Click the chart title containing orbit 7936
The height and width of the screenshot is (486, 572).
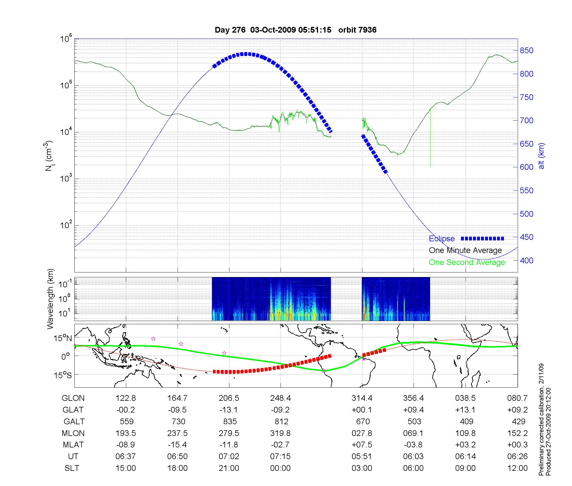click(295, 30)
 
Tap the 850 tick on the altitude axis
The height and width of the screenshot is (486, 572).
click(526, 51)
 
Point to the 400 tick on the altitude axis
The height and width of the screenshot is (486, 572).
click(526, 260)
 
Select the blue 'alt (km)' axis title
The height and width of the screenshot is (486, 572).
click(541, 156)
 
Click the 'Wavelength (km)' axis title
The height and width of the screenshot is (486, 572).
click(50, 299)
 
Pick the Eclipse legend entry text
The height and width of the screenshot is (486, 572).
click(442, 238)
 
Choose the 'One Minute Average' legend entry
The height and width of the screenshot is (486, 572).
click(465, 250)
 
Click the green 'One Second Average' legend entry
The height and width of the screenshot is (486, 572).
click(467, 262)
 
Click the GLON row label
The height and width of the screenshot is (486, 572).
click(73, 398)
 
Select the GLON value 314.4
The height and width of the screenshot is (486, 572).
click(362, 398)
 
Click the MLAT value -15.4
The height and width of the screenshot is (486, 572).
click(177, 445)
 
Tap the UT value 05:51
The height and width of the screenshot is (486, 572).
click(362, 457)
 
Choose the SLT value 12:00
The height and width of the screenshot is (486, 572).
click(517, 468)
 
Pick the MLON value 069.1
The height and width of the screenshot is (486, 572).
click(413, 433)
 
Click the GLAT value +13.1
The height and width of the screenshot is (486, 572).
click(465, 410)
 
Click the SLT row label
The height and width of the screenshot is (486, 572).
click(72, 468)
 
